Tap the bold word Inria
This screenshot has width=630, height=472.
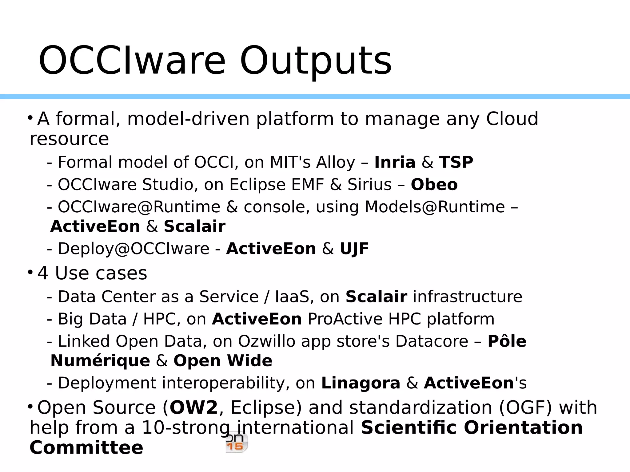[x=395, y=163]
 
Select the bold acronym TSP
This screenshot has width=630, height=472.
[x=456, y=163]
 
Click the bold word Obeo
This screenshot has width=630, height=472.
[x=434, y=185]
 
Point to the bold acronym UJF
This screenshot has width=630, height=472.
[x=354, y=249]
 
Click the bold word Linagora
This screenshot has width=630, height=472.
[x=361, y=383]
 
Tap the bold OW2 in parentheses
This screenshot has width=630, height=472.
[x=193, y=408]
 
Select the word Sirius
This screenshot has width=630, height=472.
[x=369, y=185]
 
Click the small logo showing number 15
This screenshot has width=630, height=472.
[x=236, y=443]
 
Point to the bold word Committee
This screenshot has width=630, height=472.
[x=86, y=448]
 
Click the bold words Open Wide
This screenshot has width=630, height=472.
[x=223, y=361]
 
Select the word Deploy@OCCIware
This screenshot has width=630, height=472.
[x=134, y=249]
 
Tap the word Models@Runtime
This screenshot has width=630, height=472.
[x=434, y=207]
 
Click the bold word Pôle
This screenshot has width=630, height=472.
[x=507, y=341]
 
